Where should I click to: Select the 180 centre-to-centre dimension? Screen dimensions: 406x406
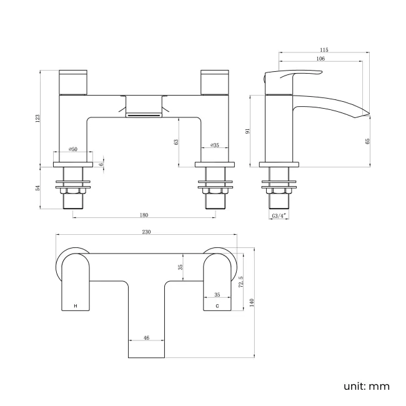[144, 215]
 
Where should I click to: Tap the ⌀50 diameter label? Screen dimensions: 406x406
[73, 149]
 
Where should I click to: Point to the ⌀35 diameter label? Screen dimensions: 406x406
[214, 145]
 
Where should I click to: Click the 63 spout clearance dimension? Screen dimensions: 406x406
[177, 142]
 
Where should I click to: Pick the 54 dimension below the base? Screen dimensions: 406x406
[37, 187]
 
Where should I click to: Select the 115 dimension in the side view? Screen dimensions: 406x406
[324, 50]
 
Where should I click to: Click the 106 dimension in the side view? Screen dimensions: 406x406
[320, 59]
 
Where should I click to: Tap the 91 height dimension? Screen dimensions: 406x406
[248, 131]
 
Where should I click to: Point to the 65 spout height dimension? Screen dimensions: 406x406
[368, 142]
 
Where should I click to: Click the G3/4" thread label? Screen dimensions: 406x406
[279, 215]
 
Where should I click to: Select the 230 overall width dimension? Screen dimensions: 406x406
[147, 232]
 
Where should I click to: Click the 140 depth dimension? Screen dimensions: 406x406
[252, 302]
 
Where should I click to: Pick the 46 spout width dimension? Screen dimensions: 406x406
[146, 338]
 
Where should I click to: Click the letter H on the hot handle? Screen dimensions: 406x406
[76, 306]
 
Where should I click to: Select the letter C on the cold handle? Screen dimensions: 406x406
[217, 306]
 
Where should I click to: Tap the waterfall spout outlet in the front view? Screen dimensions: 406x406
[144, 114]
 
